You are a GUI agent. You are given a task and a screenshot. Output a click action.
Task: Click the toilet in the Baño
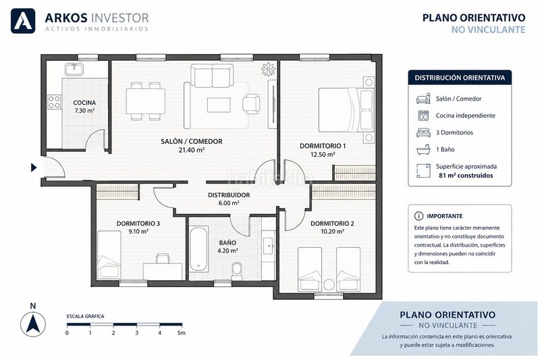pos(237,271)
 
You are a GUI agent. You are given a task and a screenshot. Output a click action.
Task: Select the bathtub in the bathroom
pos(198,248)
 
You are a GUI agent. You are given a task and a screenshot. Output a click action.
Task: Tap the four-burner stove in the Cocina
pos(55,102)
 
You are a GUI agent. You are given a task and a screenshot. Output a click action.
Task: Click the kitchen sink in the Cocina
pos(74,69)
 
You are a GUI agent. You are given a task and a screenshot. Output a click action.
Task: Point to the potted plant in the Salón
pos(269,70)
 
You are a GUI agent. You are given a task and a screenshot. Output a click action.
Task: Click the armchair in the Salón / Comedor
pos(251,104)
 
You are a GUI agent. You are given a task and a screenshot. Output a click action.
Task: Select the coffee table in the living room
pos(219,105)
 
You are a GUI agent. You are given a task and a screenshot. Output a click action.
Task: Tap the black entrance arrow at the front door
pos(34,168)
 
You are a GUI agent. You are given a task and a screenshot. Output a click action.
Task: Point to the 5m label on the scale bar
pos(181,333)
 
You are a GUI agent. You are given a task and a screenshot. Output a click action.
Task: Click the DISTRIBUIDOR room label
pos(229,195)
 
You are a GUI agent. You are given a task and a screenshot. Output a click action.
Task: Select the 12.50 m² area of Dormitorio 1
pos(323,155)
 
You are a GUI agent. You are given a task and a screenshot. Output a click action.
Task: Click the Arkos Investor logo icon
pos(23,21)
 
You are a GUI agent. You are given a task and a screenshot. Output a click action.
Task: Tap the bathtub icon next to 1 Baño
pos(423,149)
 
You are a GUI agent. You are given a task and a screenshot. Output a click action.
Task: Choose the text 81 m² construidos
pos(466,176)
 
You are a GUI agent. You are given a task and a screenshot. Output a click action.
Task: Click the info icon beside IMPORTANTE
pos(418,216)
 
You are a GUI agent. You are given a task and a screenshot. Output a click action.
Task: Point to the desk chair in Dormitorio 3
pos(163,259)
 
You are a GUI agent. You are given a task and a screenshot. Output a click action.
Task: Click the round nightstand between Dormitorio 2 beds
pos(329,284)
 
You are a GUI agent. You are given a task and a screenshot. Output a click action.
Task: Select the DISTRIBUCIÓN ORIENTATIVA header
pos(460,78)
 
